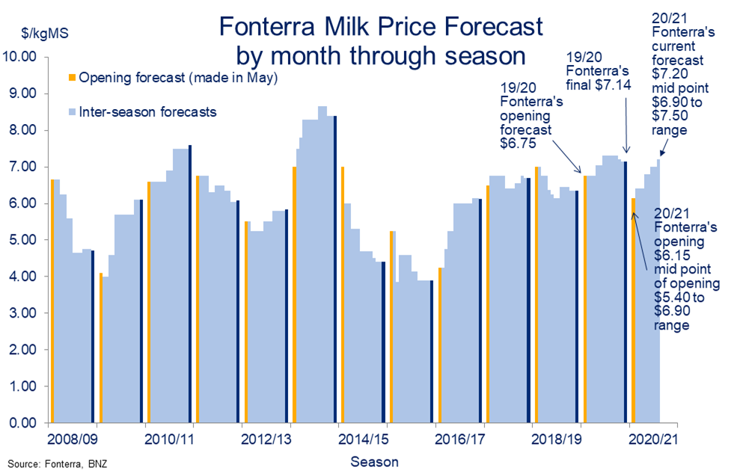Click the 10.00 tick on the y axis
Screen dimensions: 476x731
pos(20,57)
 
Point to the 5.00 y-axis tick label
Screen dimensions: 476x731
pos(22,240)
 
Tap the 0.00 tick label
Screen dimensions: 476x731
pos(22,423)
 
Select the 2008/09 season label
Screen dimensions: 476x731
pos(73,436)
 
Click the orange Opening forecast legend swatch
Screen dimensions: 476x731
pos(72,78)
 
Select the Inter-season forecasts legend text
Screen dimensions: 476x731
pos(147,112)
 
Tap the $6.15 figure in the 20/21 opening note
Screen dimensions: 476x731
pos(670,256)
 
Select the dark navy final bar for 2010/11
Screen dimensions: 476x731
pos(190,284)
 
